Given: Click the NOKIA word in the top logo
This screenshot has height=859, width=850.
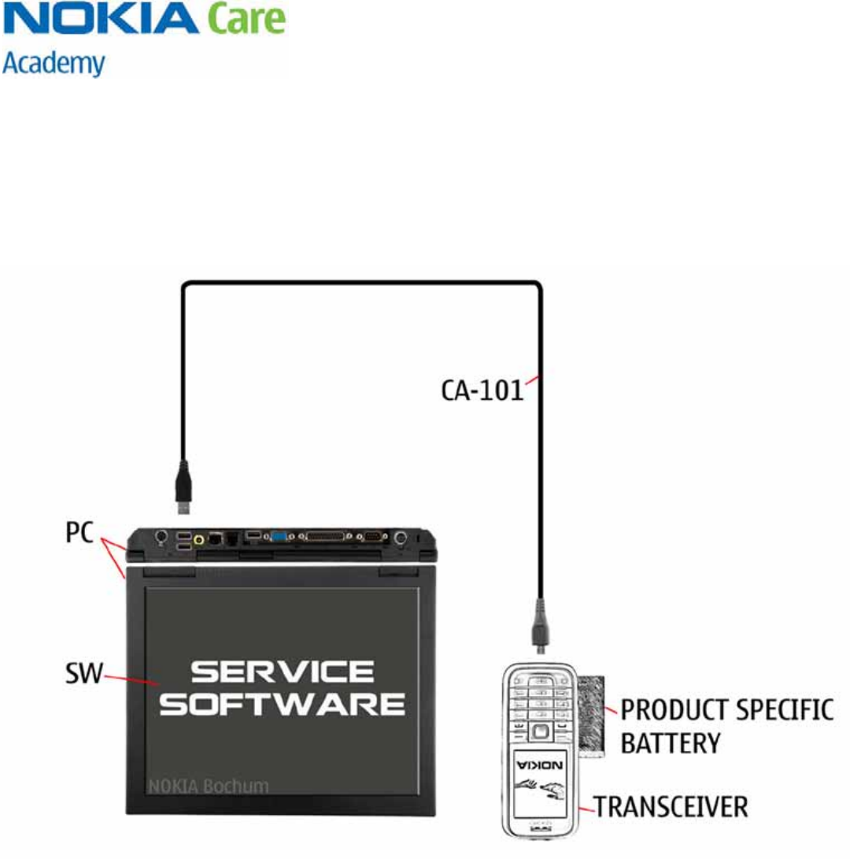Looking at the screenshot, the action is [x=101, y=18].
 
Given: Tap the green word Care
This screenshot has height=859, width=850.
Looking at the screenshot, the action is [x=246, y=20].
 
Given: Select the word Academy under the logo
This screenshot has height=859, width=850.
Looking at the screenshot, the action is [x=54, y=64].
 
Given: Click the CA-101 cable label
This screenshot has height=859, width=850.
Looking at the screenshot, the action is [x=482, y=390].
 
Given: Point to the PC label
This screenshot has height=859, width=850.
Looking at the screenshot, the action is [x=79, y=536].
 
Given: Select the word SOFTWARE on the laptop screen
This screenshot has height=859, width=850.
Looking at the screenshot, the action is [x=283, y=703].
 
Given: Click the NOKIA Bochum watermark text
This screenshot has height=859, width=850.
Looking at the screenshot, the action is [x=209, y=786].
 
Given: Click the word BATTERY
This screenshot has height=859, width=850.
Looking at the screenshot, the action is [x=671, y=742].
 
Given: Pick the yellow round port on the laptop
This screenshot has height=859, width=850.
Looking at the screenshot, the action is [x=200, y=540].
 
